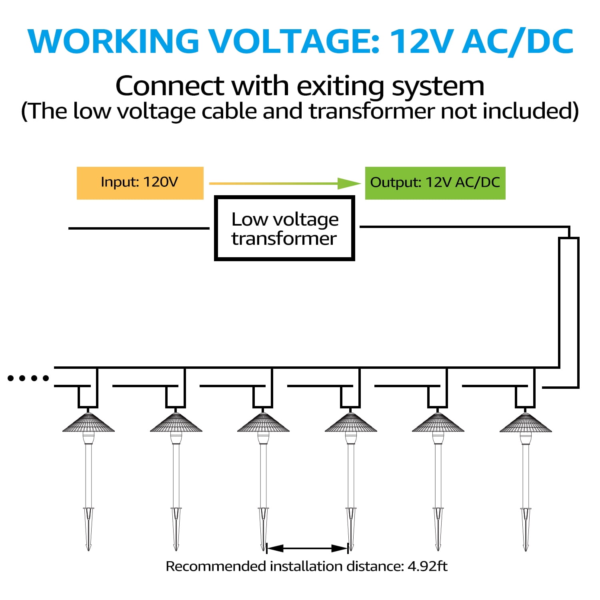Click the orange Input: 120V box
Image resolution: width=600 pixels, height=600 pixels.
140,183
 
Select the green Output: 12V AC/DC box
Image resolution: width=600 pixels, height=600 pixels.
435,183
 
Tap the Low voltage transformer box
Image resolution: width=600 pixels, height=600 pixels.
284,228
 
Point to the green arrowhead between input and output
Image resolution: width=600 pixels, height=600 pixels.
349,184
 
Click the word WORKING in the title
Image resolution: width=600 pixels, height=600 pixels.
113,41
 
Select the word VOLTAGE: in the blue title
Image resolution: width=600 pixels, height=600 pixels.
295,41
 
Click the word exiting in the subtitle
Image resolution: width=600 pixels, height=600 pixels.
340,87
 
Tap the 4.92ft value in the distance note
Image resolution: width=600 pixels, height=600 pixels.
427,566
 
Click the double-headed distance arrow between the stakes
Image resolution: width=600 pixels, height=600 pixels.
307,548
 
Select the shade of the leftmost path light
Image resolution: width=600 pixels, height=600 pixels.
88,422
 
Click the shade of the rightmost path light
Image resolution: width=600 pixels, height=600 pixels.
526,422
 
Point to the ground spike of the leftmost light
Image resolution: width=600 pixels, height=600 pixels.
88,529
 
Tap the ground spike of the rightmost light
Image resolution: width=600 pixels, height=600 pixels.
526,529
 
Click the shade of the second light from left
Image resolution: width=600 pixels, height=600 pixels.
176,422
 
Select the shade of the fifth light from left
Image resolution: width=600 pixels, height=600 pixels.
438,422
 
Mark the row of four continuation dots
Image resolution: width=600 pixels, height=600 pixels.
28,378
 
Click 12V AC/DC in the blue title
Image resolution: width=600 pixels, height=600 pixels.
482,41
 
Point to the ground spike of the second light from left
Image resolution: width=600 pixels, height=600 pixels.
176,529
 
